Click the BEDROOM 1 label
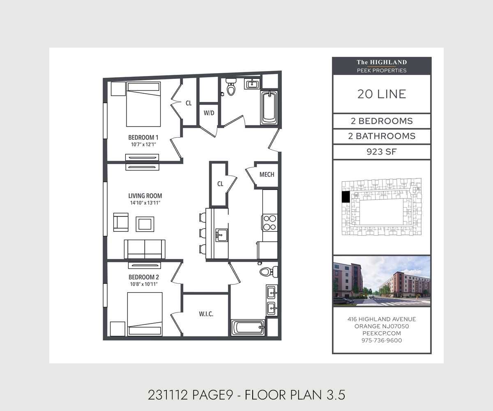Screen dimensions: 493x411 (x=143, y=137)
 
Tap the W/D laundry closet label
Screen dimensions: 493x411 (x=209, y=113)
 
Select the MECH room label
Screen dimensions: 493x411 (x=267, y=175)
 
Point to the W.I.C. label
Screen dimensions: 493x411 (x=206, y=314)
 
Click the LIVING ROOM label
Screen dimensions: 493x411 (x=145, y=196)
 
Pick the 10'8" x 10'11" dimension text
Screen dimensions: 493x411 (x=144, y=284)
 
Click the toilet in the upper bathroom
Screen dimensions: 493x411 (x=231, y=87)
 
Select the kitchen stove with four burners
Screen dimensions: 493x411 (x=270, y=222)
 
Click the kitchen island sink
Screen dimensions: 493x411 (x=221, y=235)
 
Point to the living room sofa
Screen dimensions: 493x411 (x=145, y=249)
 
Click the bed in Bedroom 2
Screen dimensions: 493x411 (x=145, y=314)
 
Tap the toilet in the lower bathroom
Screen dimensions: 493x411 (x=269, y=272)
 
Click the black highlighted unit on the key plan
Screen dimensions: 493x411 (x=346, y=197)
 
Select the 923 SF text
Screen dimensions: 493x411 (x=382, y=152)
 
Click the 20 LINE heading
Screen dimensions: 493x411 (x=382, y=94)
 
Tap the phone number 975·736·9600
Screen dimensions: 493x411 (x=382, y=340)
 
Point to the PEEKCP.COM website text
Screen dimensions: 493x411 (x=382, y=333)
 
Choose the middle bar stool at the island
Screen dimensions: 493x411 (x=203, y=233)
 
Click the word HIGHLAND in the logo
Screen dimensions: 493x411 (x=388, y=62)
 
